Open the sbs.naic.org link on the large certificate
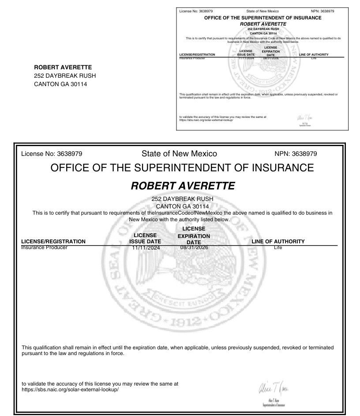[71, 390]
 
